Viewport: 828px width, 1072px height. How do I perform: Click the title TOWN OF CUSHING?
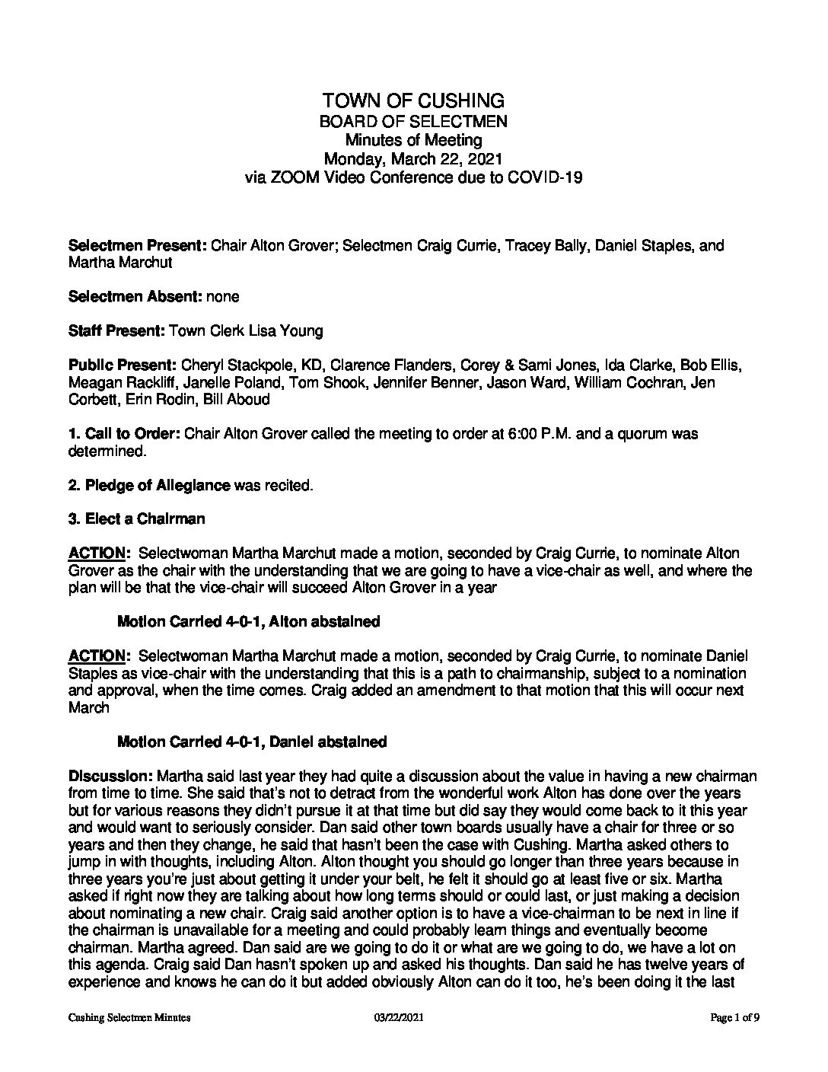(413, 100)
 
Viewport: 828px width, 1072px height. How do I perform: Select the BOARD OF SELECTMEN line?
(413, 121)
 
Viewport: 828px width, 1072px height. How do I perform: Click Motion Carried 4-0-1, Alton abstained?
(248, 621)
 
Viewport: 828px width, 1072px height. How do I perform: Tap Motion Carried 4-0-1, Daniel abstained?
(251, 741)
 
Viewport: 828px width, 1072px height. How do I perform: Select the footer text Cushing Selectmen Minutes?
(129, 1038)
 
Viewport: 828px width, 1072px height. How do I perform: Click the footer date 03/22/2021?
(393, 1038)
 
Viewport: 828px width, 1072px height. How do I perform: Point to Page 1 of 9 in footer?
(734, 1038)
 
